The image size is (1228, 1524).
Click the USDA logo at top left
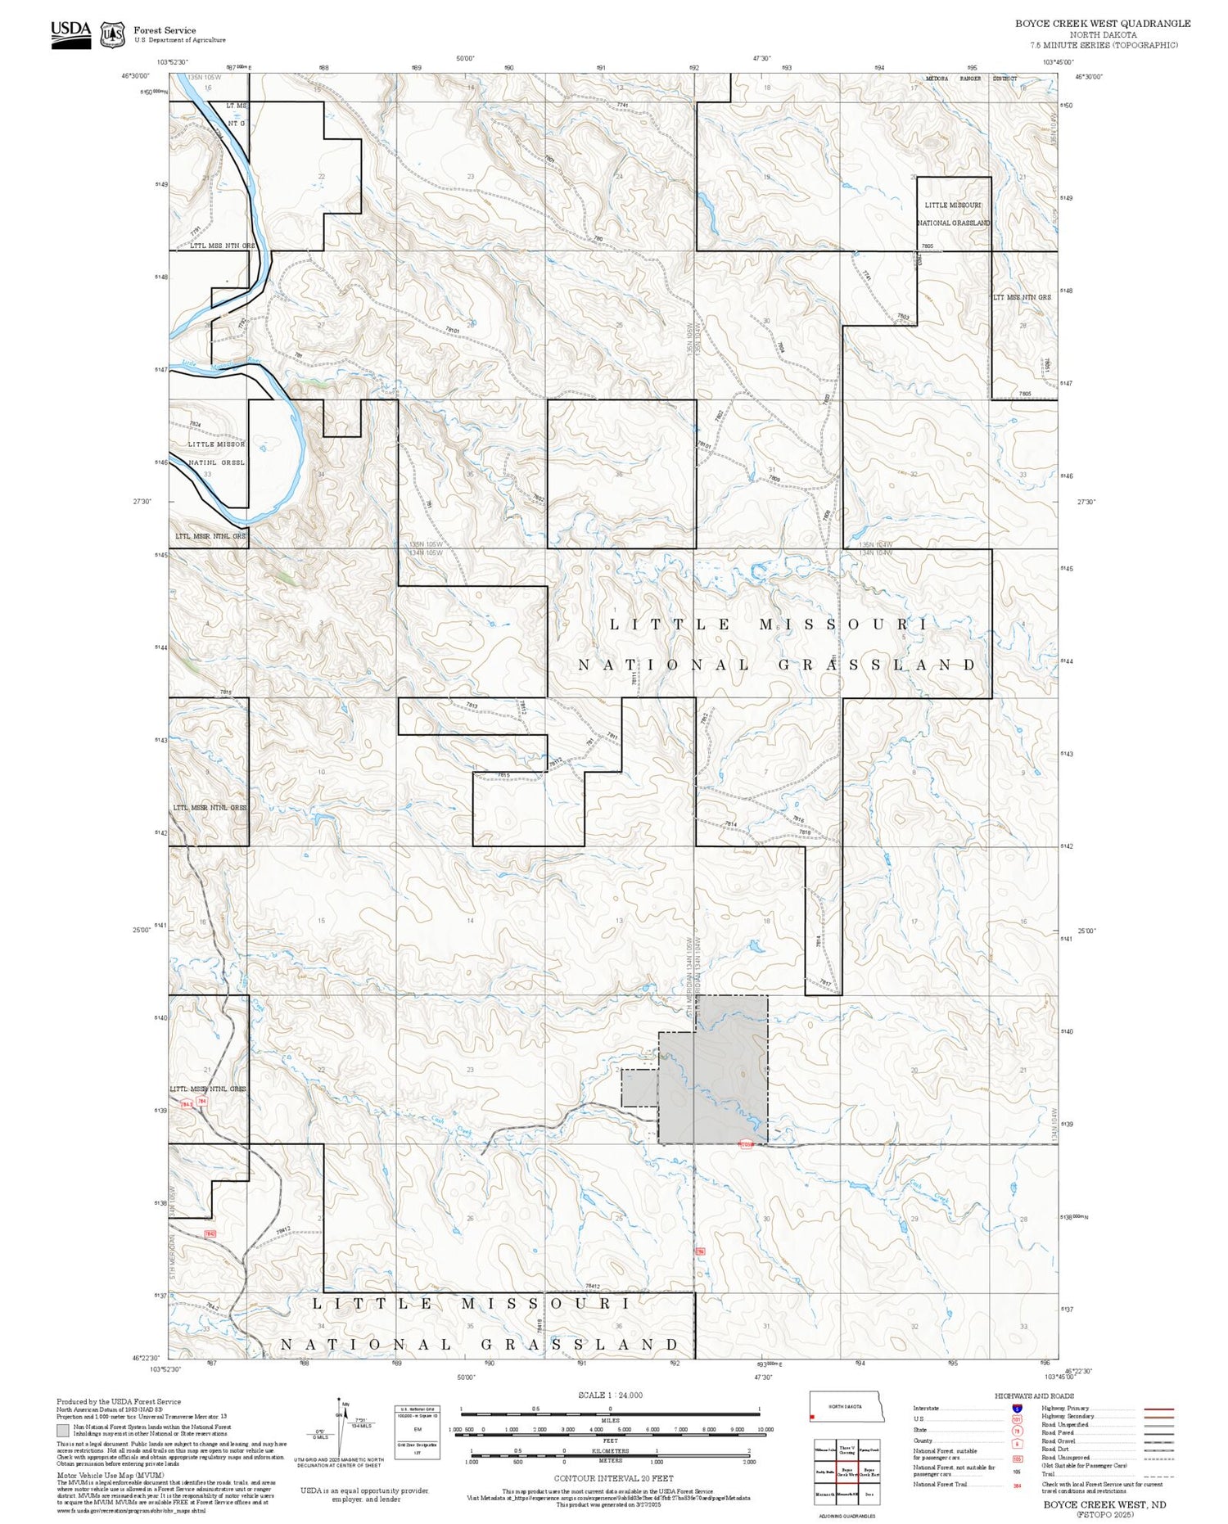pos(70,34)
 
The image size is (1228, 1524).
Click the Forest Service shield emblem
pos(112,35)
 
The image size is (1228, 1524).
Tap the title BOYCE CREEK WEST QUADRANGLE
pos(1102,24)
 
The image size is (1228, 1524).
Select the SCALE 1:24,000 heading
pos(610,1395)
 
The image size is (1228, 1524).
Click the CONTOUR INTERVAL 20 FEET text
pos(613,1478)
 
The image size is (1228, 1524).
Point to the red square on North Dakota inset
pos(811,1416)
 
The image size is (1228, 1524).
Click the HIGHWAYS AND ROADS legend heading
pos(1034,1395)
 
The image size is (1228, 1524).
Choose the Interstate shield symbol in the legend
pos(1016,1408)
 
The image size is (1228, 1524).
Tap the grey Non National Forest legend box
pos(63,1431)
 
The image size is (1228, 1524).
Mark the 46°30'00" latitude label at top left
pos(136,76)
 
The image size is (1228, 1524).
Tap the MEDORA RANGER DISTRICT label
pos(971,79)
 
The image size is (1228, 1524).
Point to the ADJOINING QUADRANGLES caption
pos(847,1516)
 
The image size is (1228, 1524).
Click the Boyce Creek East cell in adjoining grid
pos(869,1471)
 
